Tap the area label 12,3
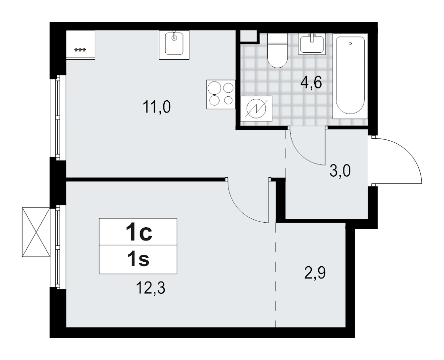pyautogui.click(x=150, y=287)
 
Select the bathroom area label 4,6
pyautogui.click(x=311, y=82)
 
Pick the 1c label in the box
pyautogui.click(x=138, y=232)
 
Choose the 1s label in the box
pyautogui.click(x=138, y=259)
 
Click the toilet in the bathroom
pyautogui.click(x=277, y=50)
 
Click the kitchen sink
pyautogui.click(x=174, y=44)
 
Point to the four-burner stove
pyautogui.click(x=221, y=94)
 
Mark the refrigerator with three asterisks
pyautogui.click(x=80, y=45)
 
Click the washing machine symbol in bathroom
pyautogui.click(x=256, y=108)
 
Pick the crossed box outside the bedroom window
pyautogui.click(x=36, y=232)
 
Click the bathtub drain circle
pyautogui.click(x=350, y=43)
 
